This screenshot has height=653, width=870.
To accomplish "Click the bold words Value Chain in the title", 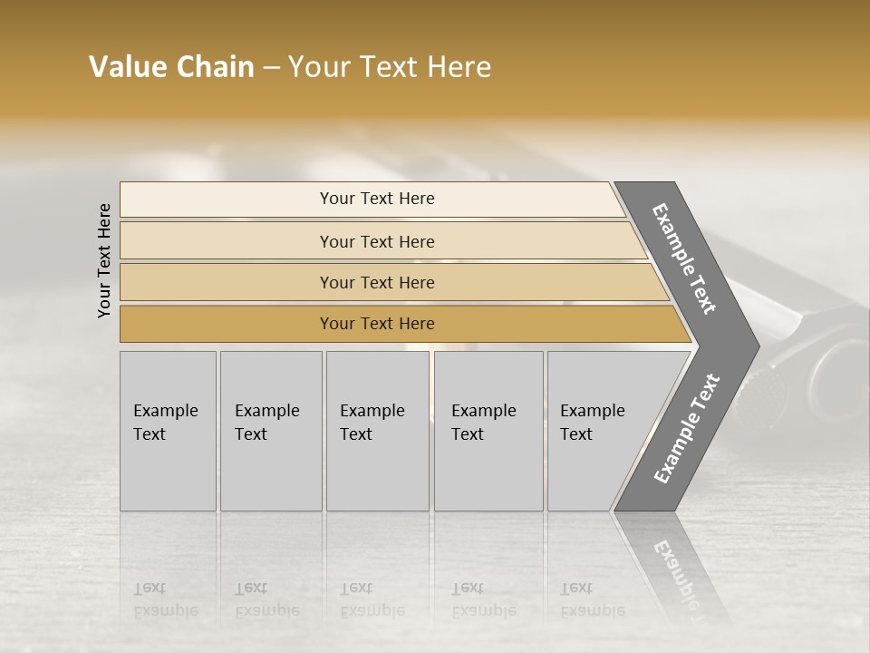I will (171, 67).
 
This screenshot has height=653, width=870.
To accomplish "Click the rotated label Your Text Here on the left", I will (104, 260).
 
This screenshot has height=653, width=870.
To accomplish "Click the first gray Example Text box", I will (168, 431).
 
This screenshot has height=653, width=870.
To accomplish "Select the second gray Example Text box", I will (271, 431).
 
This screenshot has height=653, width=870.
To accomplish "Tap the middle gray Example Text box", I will (377, 431).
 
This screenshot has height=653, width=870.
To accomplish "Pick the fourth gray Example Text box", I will (488, 431).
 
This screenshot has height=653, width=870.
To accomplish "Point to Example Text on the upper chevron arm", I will (684, 258).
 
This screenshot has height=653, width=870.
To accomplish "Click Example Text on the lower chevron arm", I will (687, 429).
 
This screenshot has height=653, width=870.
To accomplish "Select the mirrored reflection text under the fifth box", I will (592, 599).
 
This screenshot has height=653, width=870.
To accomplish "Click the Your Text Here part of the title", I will (390, 67).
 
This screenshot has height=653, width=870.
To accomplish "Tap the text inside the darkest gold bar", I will (377, 324).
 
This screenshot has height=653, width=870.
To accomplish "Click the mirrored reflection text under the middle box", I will (372, 599).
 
